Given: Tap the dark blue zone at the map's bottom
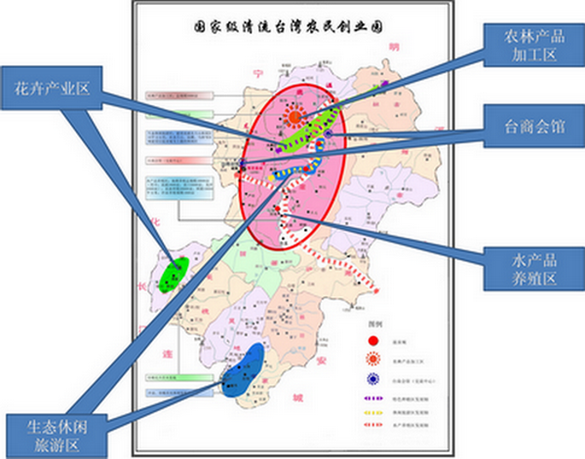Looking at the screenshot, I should click(x=242, y=372).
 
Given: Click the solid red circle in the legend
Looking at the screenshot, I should click(x=373, y=340).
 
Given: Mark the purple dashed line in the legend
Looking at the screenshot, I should click(x=373, y=398).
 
